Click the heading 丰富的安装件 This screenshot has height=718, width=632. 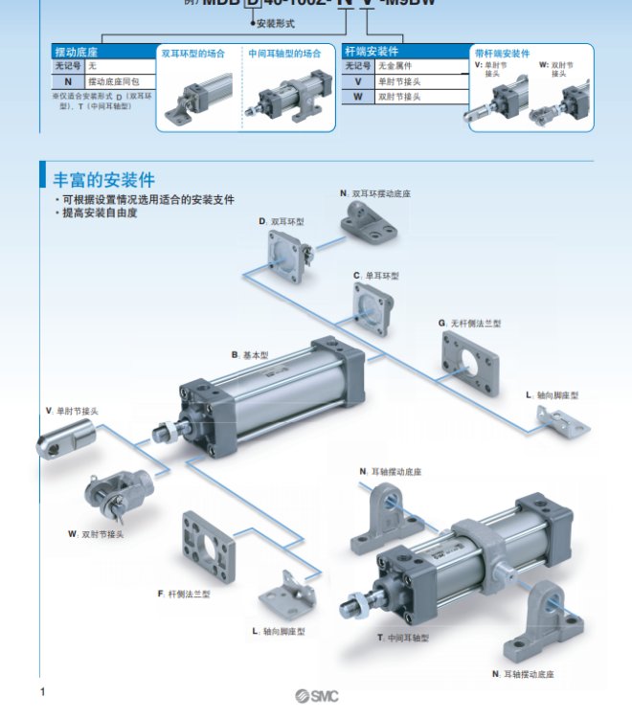pos(102,179)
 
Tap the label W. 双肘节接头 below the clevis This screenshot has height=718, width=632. pos(96,533)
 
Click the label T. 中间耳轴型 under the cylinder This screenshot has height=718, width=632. pos(403,637)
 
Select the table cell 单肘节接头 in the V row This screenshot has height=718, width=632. pos(400,81)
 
